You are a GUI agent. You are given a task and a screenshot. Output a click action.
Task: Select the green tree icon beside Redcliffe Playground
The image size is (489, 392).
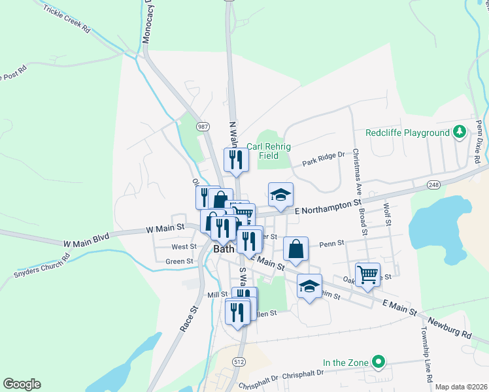click(x=460, y=133)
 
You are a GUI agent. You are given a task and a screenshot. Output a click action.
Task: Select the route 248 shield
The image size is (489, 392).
click(x=433, y=185)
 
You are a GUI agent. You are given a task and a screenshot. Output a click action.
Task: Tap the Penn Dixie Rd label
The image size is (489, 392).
click(x=480, y=140)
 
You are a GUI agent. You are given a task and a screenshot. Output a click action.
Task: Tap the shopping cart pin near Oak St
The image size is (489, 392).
click(x=367, y=274)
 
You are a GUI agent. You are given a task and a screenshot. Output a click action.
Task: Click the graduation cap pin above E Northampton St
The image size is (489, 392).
click(x=280, y=195)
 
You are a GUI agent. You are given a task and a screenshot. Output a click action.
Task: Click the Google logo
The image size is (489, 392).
click(x=22, y=384)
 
